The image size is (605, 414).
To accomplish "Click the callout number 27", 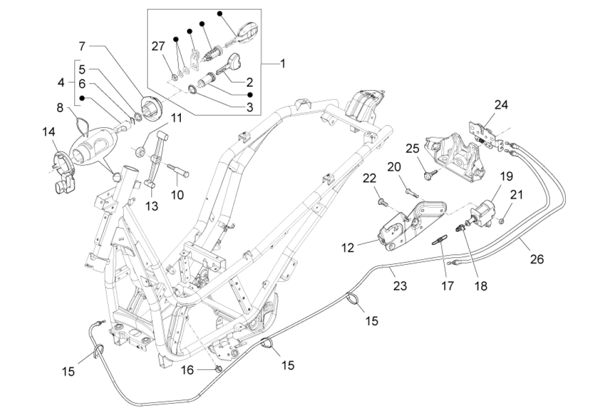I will (158, 47).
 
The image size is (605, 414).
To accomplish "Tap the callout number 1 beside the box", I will (282, 64).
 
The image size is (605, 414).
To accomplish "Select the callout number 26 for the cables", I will (537, 259).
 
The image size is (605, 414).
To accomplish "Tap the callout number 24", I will (501, 105).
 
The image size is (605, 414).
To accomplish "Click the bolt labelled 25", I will (430, 174).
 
